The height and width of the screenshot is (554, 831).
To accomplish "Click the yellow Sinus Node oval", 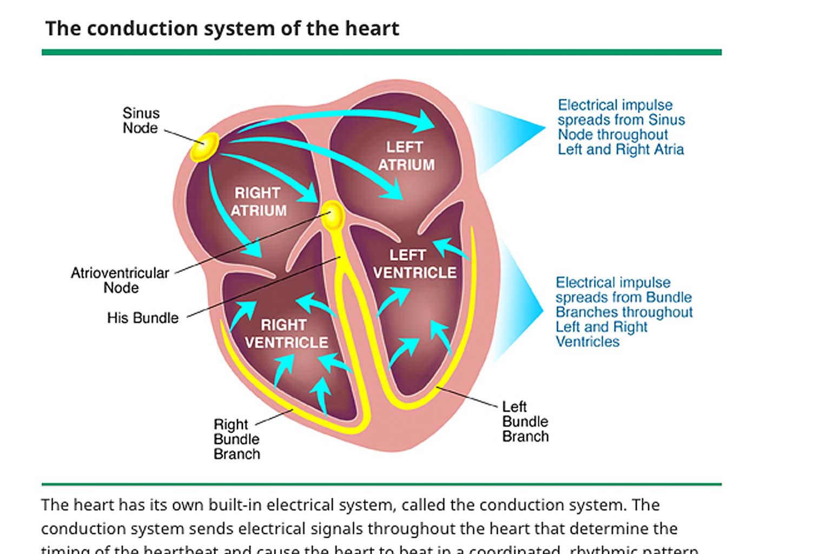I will point(205,147).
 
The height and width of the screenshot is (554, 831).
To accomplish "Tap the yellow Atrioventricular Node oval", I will point(333,215).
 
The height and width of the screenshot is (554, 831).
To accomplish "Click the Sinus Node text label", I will point(141,121).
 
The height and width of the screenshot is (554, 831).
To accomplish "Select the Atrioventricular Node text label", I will point(120,280).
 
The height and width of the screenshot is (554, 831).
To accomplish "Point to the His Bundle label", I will point(143,318).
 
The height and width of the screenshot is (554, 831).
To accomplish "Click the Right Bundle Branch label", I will point(236,439).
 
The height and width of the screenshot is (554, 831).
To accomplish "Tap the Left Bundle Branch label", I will point(525,421).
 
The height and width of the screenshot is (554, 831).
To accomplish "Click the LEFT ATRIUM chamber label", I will point(406,156).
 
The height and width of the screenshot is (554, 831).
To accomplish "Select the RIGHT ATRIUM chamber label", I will point(258,202).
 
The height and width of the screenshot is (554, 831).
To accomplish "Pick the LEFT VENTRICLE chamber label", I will point(414,264).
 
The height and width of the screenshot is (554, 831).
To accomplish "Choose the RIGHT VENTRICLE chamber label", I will point(286,334).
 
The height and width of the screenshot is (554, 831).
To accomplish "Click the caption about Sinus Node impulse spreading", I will point(621,127).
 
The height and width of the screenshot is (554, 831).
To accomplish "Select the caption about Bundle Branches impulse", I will point(623,312).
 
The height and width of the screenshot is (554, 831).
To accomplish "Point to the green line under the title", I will point(381,52).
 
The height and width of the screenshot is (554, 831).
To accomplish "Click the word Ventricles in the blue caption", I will point(588,342).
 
